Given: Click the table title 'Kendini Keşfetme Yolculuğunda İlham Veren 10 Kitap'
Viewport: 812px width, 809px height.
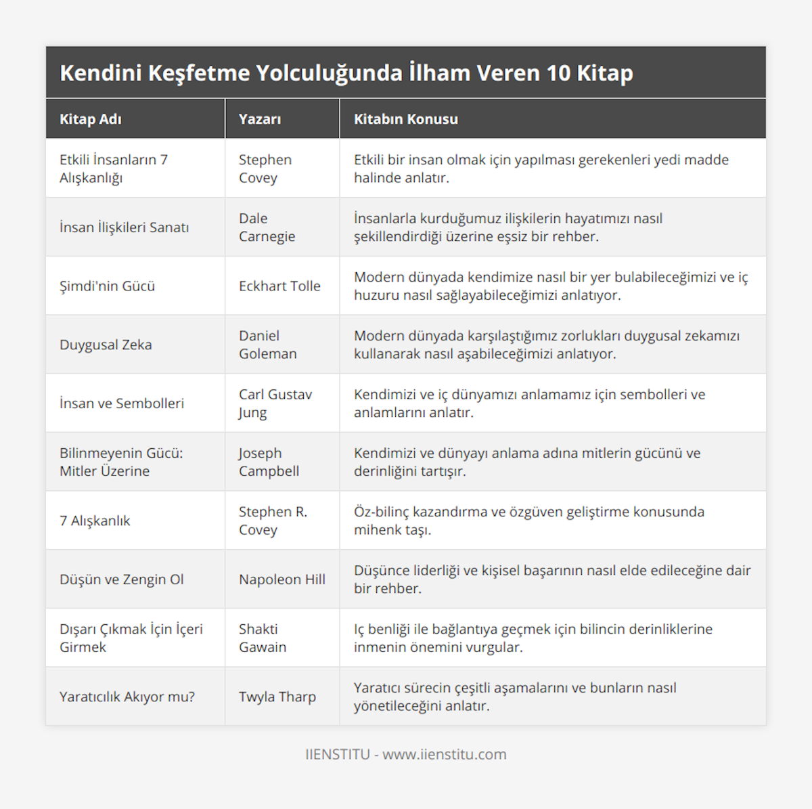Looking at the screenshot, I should tap(346, 73).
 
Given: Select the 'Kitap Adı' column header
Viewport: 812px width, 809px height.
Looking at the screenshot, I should tap(91, 119).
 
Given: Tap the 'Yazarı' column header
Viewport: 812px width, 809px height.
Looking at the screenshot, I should tap(260, 119).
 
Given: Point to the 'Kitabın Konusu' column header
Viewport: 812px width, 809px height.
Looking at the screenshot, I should tap(406, 119).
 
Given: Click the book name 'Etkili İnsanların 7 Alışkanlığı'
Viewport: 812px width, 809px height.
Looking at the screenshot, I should tap(114, 169).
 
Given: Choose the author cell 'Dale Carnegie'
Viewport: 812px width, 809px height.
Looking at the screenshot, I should tap(267, 227).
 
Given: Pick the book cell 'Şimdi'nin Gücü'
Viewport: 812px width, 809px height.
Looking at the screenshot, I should tap(107, 286).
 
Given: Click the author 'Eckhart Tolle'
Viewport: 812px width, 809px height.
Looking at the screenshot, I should tap(279, 286).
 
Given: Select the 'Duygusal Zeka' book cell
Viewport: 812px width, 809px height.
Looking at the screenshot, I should tap(106, 345).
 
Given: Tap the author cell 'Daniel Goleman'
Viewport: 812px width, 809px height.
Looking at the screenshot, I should tap(267, 345).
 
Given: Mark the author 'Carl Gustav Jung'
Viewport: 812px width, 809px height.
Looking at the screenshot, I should tap(275, 403).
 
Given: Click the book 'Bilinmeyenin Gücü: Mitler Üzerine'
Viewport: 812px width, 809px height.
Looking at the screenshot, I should tap(121, 462).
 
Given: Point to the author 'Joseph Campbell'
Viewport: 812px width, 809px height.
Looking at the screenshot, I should tap(269, 462).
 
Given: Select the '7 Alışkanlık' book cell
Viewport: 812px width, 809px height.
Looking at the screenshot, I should tap(95, 521).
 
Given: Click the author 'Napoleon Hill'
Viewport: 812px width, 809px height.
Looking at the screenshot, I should tap(281, 580).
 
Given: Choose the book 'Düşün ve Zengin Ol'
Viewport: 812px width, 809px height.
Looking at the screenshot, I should tap(122, 580).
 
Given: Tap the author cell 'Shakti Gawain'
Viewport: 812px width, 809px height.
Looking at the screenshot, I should tap(263, 638).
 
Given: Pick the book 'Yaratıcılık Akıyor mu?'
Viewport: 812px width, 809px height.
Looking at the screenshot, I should tap(127, 697).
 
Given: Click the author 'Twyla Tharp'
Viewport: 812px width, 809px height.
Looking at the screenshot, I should tap(277, 697).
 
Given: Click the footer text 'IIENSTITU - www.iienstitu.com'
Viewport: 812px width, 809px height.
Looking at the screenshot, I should tap(406, 754).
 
